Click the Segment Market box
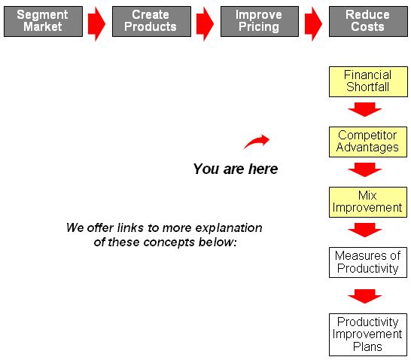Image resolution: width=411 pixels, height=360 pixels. pyautogui.click(x=43, y=21)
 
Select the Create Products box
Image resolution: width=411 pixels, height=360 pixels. pyautogui.click(x=151, y=21)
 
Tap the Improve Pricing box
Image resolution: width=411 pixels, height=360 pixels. pyautogui.click(x=260, y=21)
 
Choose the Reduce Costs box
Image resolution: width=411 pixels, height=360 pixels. pyautogui.click(x=368, y=21)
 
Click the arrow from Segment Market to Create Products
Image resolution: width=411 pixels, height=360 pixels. pyautogui.click(x=96, y=24)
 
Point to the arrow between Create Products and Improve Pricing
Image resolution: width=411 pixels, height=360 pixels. pyautogui.click(x=205, y=24)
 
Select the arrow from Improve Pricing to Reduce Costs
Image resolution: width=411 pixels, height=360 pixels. pyautogui.click(x=313, y=24)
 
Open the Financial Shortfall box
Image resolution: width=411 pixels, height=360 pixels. pyautogui.click(x=368, y=81)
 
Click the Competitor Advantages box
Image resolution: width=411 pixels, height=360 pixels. pyautogui.click(x=368, y=142)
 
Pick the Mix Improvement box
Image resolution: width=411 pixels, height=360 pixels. pyautogui.click(x=368, y=202)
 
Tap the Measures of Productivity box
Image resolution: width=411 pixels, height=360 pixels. pyautogui.click(x=368, y=262)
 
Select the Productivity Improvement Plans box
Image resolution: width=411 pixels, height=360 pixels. pyautogui.click(x=368, y=334)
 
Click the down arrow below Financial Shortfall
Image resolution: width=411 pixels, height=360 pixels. pyautogui.click(x=365, y=109)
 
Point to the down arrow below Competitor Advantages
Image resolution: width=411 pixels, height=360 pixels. pyautogui.click(x=365, y=169)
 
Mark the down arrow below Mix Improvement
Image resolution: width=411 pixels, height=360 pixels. pyautogui.click(x=365, y=230)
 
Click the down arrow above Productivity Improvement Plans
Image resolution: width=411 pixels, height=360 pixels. pyautogui.click(x=365, y=296)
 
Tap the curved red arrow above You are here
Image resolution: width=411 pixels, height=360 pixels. pyautogui.click(x=256, y=141)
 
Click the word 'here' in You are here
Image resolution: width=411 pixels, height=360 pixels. pyautogui.click(x=263, y=169)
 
